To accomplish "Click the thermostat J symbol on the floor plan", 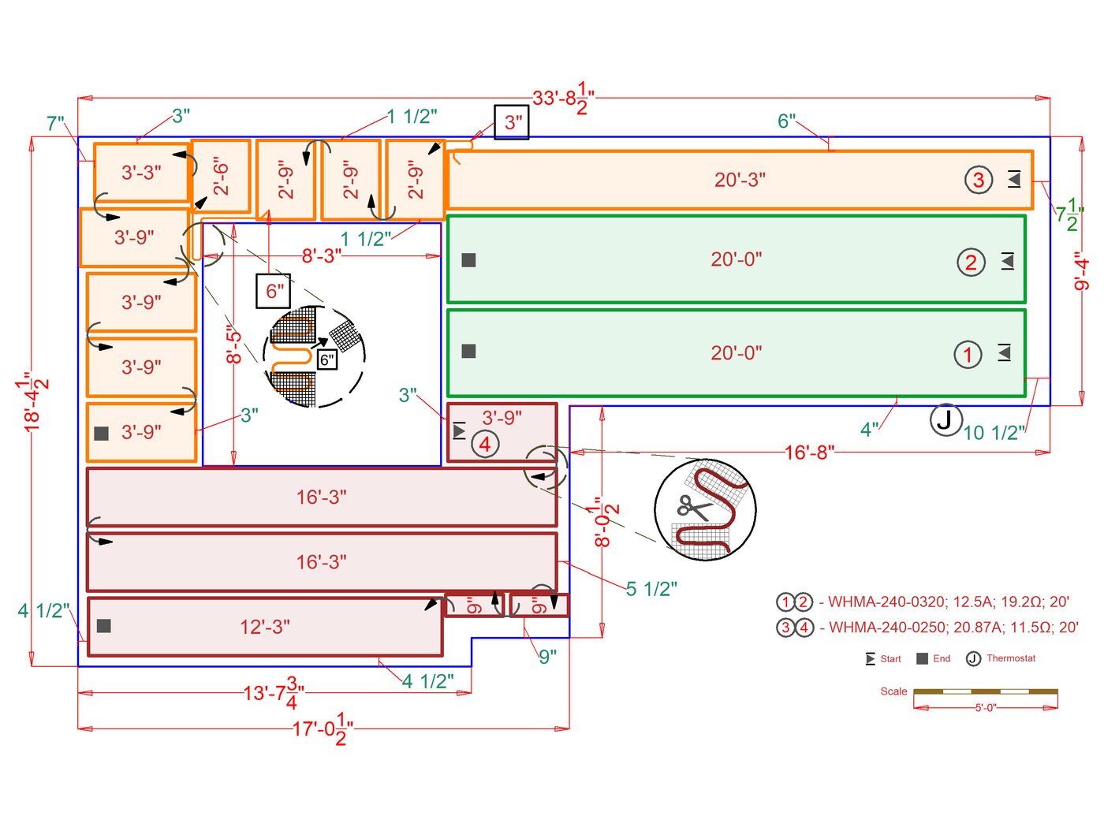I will point(945,419).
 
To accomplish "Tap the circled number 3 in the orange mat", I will point(978,180).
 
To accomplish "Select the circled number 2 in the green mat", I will point(971,262).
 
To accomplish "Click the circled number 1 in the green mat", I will point(968,354).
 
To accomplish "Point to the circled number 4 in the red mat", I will point(485,445).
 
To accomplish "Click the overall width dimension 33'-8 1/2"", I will point(563,99).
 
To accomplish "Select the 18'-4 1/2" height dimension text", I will point(35,401).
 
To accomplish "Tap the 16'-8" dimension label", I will point(809,453).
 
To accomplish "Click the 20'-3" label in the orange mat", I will point(740,180).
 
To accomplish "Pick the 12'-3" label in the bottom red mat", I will point(265,627).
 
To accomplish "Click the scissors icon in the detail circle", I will point(694,507).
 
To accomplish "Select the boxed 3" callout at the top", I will point(512,122).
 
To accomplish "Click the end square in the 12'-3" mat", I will point(103,626).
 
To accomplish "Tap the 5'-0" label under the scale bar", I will point(985,708).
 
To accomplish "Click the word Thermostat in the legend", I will point(1011,658).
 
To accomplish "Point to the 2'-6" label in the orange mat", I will point(221,177).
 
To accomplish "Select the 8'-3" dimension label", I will point(322,255).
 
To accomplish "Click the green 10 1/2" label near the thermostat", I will point(994,433).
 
